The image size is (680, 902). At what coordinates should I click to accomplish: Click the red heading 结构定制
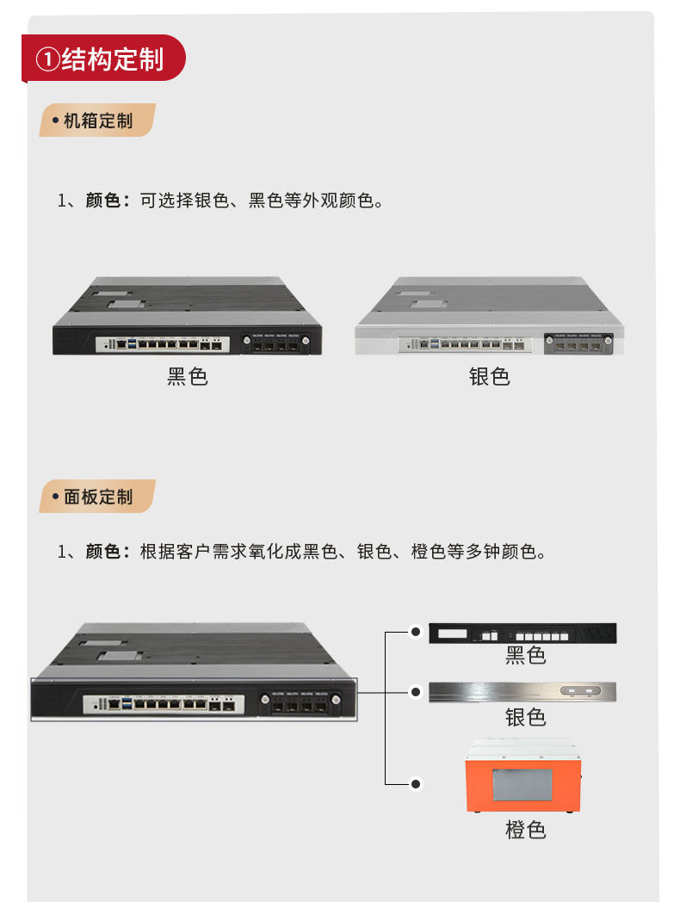click(x=112, y=59)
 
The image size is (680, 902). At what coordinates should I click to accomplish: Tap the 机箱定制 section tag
click(x=97, y=120)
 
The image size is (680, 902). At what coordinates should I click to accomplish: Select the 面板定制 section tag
click(x=97, y=497)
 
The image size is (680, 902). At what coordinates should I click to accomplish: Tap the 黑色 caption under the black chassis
click(x=188, y=376)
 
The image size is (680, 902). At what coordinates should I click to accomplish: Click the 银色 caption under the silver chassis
click(x=489, y=376)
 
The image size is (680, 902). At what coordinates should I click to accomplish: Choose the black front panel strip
click(x=523, y=633)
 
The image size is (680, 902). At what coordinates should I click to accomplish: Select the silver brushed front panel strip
click(x=523, y=691)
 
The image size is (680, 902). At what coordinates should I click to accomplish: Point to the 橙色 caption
click(x=525, y=830)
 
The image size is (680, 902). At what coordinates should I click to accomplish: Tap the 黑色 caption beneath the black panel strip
click(x=525, y=656)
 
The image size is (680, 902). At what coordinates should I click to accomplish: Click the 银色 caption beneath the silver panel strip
click(x=525, y=716)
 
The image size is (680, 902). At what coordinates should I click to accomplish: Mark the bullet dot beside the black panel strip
click(x=416, y=633)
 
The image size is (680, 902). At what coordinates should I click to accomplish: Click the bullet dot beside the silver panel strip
click(x=416, y=691)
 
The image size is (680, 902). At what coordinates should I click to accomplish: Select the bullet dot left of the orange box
click(x=416, y=784)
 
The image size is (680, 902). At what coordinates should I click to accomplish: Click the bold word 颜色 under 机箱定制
click(x=102, y=201)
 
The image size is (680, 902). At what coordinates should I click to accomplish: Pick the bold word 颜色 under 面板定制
click(x=102, y=551)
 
